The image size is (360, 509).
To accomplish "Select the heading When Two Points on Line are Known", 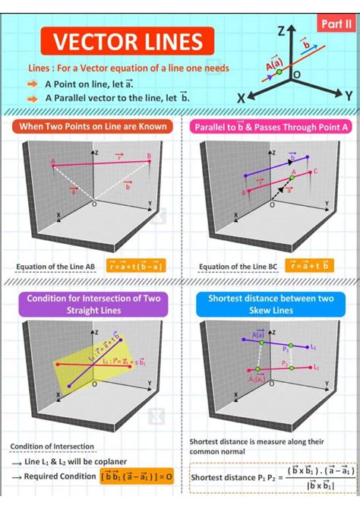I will (x=93, y=126).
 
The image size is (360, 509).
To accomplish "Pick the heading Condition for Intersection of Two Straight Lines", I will (x=93, y=304).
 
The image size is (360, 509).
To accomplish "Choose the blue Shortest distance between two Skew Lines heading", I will (x=271, y=304).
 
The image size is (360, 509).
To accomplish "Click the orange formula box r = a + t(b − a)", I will (x=137, y=267).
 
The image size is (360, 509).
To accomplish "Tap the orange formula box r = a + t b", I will (x=309, y=266).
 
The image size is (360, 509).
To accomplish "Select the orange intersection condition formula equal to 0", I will (x=137, y=476).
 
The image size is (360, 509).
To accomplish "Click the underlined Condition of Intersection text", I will (x=52, y=446).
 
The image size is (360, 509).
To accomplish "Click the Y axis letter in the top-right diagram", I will (x=349, y=96).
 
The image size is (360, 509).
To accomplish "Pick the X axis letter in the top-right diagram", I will (x=241, y=99).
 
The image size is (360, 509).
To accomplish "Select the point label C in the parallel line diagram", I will (x=314, y=173).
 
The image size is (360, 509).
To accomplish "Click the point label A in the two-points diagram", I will (x=53, y=161).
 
